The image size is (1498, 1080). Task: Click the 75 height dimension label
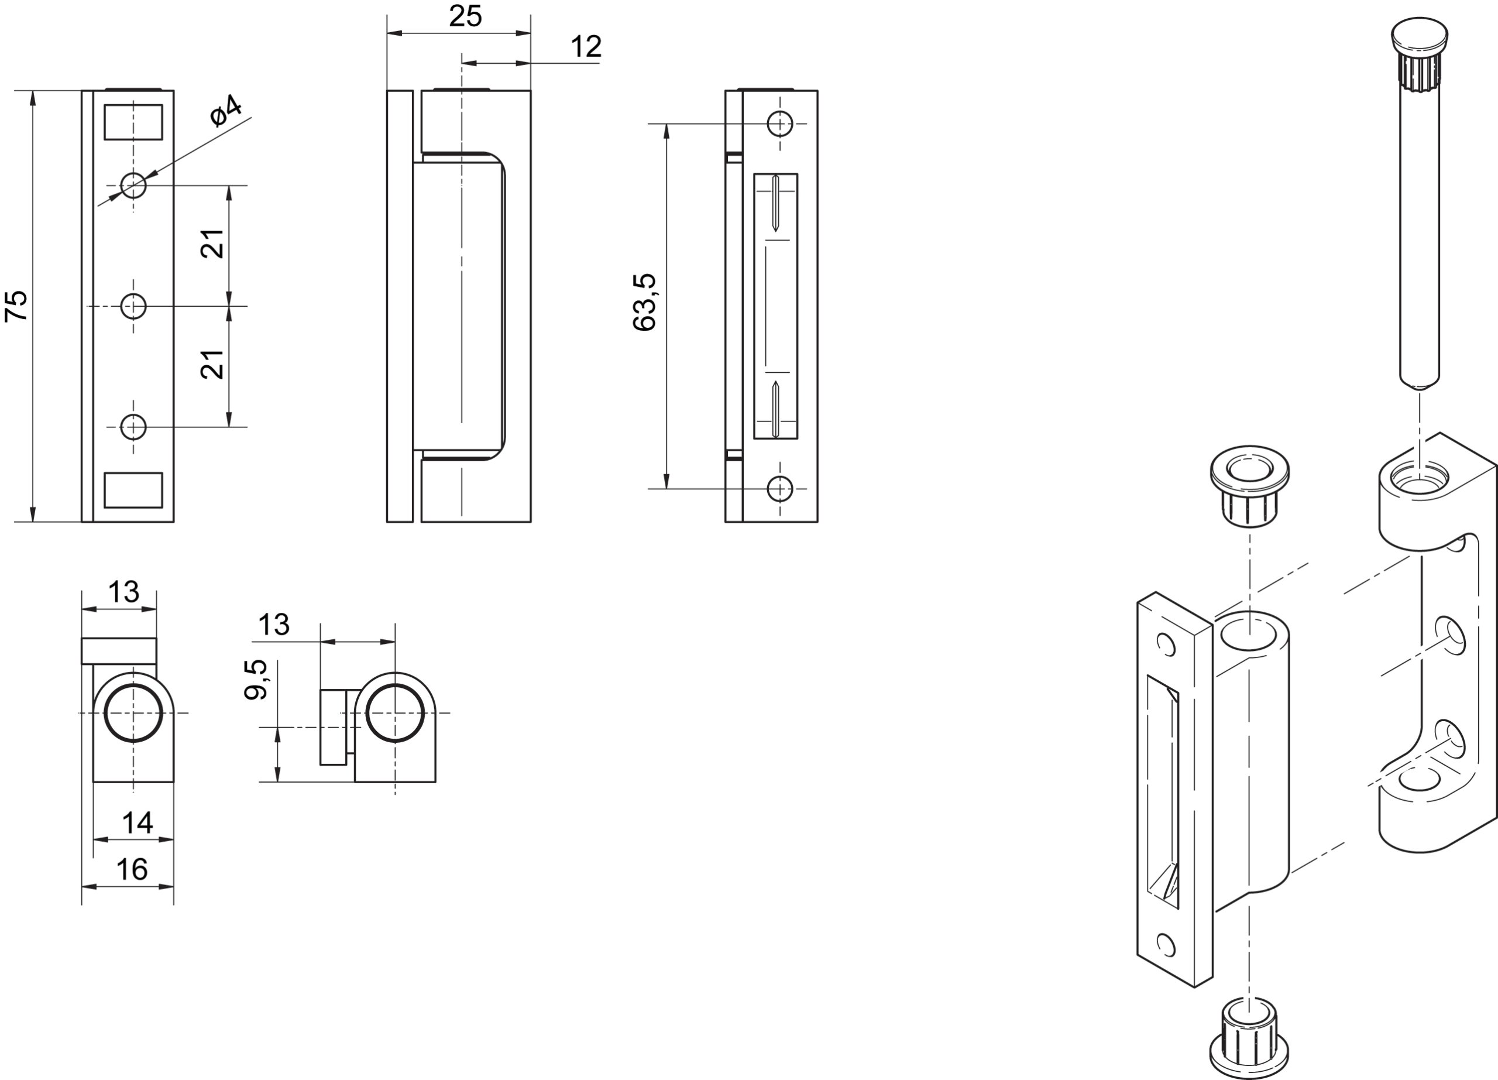click(16, 306)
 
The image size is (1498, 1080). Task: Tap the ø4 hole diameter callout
click(226, 111)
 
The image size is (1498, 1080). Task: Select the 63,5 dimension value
click(644, 301)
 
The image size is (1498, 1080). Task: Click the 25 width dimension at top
click(465, 16)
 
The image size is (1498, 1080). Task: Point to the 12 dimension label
click(585, 47)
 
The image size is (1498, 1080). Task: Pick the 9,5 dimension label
click(256, 679)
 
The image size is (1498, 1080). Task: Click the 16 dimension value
click(132, 869)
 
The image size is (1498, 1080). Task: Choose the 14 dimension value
click(138, 823)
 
